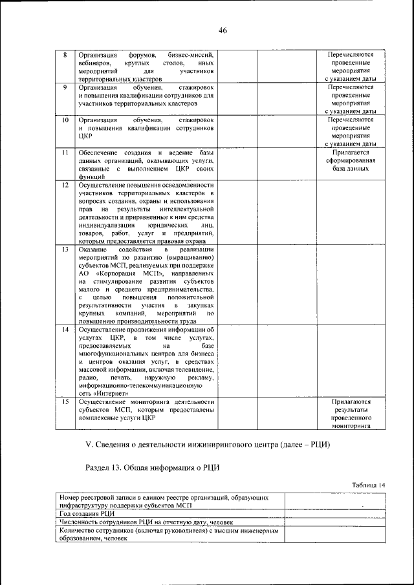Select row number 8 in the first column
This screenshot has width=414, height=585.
click(x=65, y=54)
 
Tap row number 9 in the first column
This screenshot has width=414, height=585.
click(x=65, y=87)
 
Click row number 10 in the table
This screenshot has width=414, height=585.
click(x=65, y=120)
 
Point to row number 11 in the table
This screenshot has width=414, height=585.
click(x=65, y=153)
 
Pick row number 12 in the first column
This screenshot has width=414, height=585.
click(x=65, y=185)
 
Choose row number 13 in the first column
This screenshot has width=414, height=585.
click(x=65, y=250)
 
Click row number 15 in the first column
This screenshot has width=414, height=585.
click(x=65, y=401)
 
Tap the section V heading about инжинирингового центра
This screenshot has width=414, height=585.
click(x=208, y=445)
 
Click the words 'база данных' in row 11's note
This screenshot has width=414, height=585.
click(x=352, y=168)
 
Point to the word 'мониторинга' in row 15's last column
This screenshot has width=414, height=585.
click(x=352, y=427)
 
